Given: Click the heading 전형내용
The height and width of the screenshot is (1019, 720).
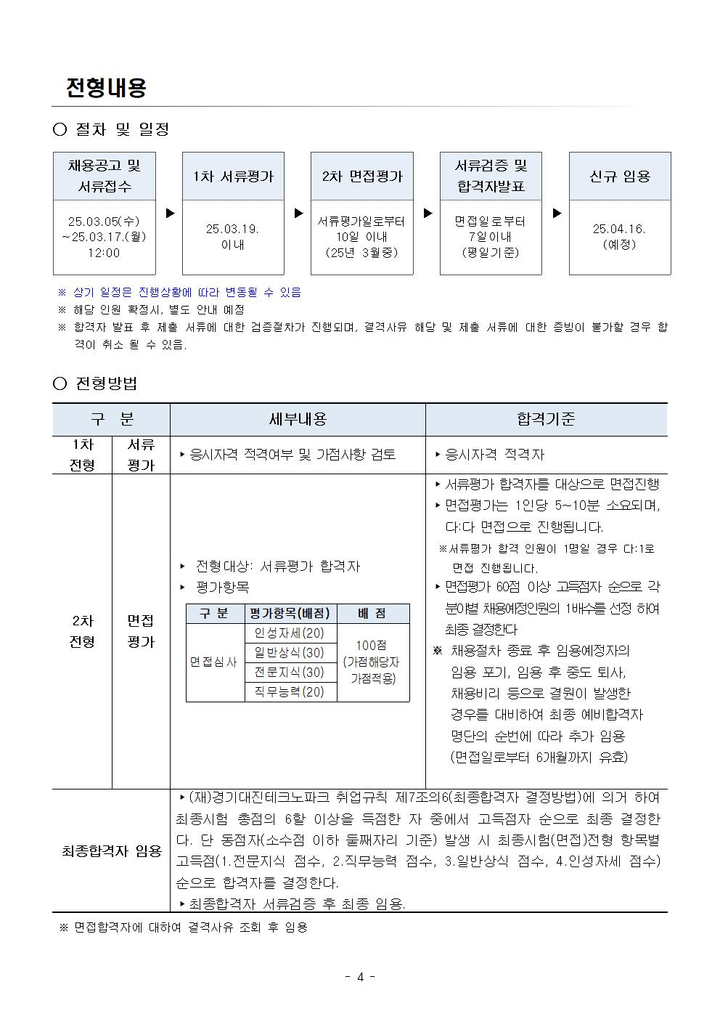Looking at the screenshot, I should [x=106, y=88].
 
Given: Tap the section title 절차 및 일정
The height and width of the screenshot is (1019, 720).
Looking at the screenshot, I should [x=122, y=129].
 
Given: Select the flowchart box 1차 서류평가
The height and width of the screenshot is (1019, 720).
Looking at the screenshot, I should [x=233, y=176].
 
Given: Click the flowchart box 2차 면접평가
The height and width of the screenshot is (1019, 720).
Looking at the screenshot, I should [x=361, y=176].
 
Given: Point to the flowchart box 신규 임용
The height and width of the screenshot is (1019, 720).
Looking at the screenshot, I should [x=620, y=176].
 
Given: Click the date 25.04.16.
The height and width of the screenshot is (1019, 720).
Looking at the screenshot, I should [x=619, y=229].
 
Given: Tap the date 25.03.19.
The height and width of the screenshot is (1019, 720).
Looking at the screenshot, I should [x=232, y=229].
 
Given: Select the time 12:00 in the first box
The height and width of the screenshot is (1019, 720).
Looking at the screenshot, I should [x=105, y=253].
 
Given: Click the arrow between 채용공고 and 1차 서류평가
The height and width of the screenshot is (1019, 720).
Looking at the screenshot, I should [x=171, y=214].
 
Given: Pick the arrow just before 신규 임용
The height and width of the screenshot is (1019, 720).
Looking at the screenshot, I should [x=557, y=214].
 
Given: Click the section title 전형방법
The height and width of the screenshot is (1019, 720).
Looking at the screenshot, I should [x=106, y=383].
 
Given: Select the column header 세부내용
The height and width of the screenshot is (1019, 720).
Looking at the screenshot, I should [x=298, y=419].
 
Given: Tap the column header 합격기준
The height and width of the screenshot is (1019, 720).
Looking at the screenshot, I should [x=546, y=419].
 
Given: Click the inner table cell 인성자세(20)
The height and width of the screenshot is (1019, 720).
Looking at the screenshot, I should [x=290, y=633].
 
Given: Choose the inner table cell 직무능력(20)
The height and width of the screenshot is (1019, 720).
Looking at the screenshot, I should [x=290, y=691].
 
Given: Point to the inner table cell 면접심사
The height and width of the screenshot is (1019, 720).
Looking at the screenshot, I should [x=214, y=662].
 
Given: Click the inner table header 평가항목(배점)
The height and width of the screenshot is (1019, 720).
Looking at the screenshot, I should [x=290, y=613].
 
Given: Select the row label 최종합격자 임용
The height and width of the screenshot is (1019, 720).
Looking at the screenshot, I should [x=111, y=850].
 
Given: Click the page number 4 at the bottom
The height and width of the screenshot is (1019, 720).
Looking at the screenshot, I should [x=360, y=977].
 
